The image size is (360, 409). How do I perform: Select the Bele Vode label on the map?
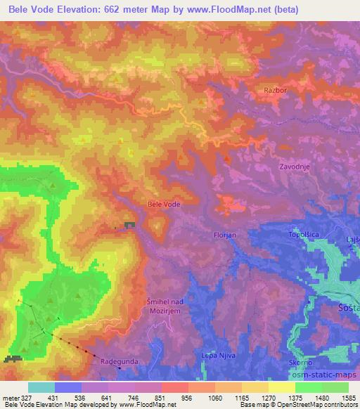tap(164, 204)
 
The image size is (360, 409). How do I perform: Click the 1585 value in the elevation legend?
tap(348, 397)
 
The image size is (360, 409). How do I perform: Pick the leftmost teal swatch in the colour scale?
tap(41, 387)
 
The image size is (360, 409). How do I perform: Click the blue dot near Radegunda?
tap(120, 367)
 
